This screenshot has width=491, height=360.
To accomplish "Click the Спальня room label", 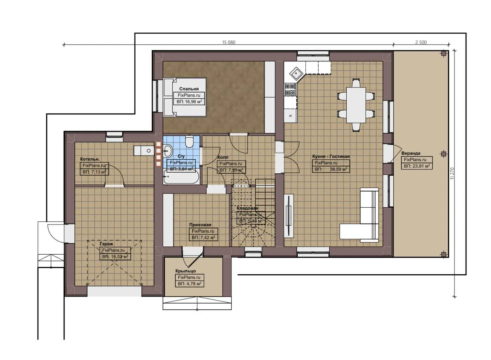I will coord(189,89).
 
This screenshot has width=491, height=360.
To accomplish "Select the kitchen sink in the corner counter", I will coord(295,72).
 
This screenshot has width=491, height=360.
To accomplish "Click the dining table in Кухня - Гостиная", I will coord(356,105).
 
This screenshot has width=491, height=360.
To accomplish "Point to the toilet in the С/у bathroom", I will coord(190,142).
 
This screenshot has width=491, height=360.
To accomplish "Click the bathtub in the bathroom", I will coord(181,177).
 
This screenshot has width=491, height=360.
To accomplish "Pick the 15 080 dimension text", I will coord(229,42).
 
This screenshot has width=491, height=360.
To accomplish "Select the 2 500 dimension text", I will coord(421,42).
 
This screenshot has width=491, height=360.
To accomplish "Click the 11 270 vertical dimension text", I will coord(452,173).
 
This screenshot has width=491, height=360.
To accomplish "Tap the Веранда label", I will coord(411,153).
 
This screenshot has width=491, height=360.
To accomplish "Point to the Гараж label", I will coord(106,244).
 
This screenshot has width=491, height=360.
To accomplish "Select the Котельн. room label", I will coord(90,159).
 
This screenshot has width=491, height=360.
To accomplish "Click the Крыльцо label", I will coord(185,271).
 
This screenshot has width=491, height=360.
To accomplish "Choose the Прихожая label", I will coord(200,225).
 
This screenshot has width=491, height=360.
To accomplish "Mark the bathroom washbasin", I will coord(168,151).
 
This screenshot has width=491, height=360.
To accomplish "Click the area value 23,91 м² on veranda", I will coord(417,166).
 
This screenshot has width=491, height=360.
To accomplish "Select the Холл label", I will coord(223,157).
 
